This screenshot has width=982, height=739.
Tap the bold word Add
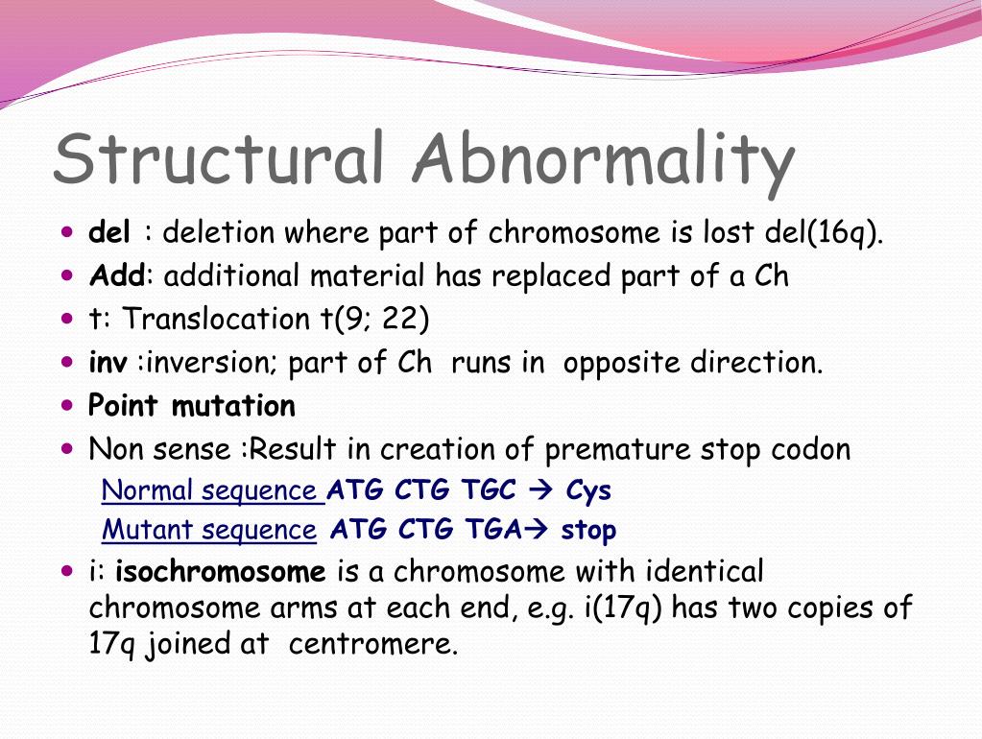coord(115,276)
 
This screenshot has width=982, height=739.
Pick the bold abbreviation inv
coord(108,364)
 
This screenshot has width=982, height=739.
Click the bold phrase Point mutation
coord(191,407)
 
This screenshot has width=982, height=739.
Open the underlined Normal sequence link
coord(212,490)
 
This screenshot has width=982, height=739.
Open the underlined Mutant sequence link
coord(208,530)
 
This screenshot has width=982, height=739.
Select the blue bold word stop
coord(588,530)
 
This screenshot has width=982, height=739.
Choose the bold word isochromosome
coord(221,573)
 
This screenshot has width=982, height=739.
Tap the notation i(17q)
coord(623,608)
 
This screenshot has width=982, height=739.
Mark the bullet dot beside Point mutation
coord(66,405)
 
